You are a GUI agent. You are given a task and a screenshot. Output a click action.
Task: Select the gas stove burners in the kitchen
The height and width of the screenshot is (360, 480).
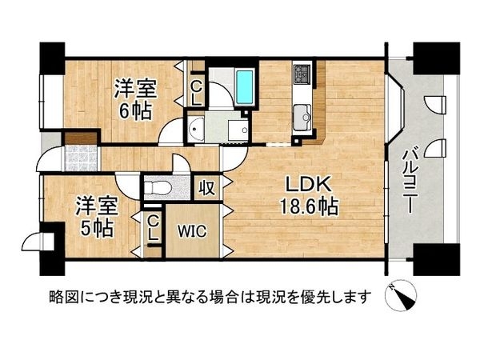302,75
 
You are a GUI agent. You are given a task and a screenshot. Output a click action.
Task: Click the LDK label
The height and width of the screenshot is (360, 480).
297,183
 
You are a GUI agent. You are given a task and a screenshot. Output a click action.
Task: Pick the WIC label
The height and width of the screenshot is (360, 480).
192,232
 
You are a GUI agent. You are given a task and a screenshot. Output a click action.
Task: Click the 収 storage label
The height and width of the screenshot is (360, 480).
206,189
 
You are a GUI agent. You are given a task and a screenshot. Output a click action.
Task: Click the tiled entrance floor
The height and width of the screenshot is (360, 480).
79,158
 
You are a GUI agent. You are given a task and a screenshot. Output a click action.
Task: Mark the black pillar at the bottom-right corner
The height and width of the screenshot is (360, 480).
436,258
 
